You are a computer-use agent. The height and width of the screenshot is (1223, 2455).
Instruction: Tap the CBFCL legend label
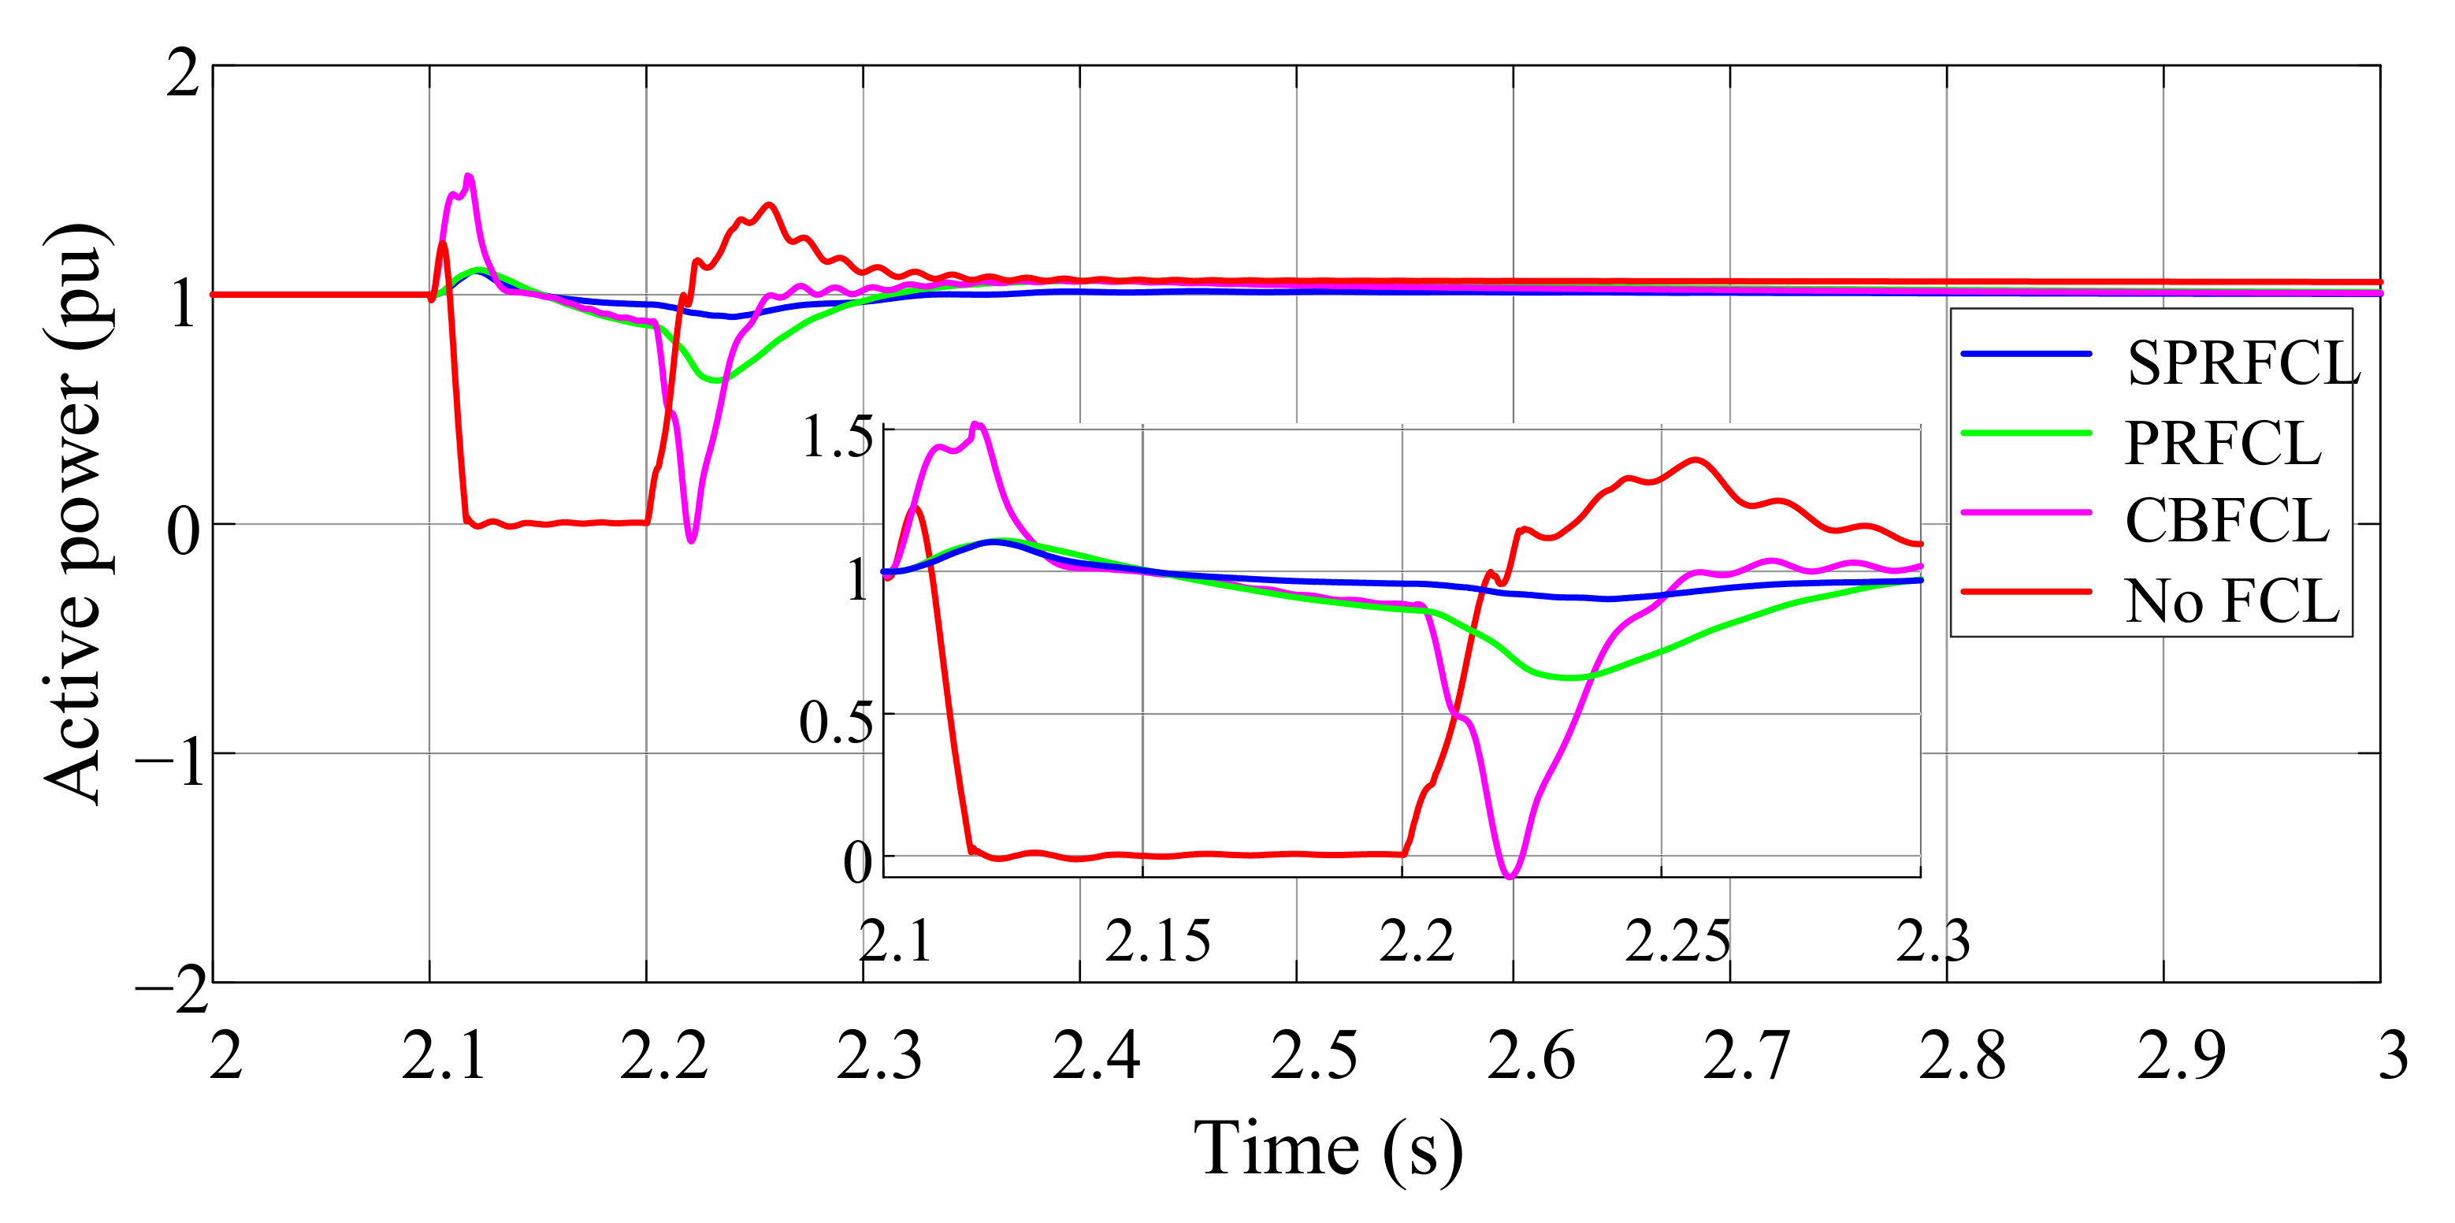point(2227,522)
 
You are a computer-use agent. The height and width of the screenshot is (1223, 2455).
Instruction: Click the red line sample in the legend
point(2025,591)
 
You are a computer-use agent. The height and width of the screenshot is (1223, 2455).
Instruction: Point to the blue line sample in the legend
point(2025,354)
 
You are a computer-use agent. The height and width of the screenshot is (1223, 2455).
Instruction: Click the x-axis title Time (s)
point(1328,1150)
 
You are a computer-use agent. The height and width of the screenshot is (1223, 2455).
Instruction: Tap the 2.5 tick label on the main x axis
point(1313,1056)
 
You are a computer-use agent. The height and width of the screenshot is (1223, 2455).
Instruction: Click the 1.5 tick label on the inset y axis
point(836,437)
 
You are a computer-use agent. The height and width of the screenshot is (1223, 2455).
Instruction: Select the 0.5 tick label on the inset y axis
point(835,722)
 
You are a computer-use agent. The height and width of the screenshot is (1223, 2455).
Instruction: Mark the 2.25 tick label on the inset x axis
point(1677,942)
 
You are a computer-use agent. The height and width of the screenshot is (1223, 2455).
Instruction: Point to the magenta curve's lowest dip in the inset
point(1510,875)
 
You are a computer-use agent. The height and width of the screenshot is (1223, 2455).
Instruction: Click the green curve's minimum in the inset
point(1568,678)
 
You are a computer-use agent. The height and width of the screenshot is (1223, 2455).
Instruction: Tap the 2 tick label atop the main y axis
point(183,73)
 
